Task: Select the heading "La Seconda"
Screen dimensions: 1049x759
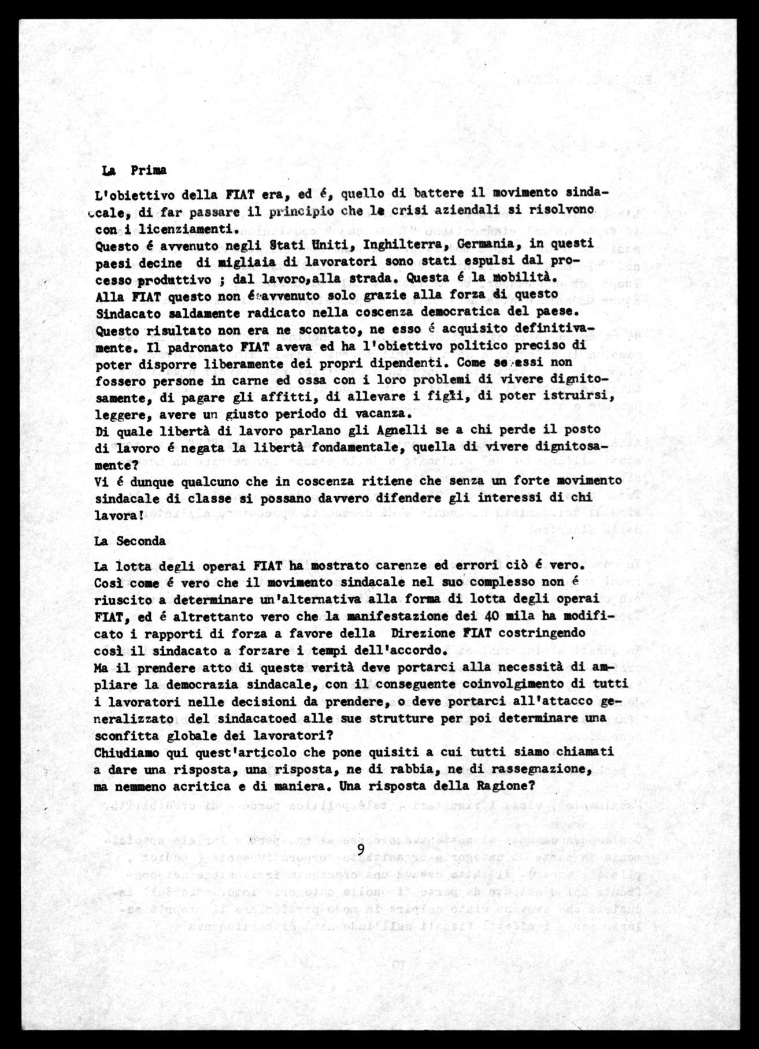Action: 129,541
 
